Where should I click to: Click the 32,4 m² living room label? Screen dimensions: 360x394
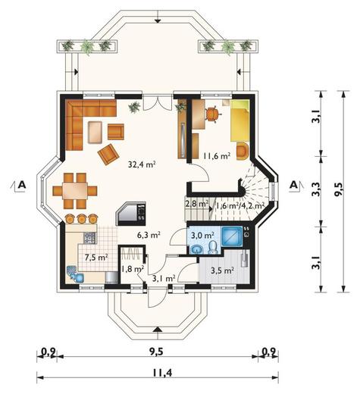[142, 164]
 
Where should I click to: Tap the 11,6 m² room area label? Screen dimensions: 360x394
[217, 156]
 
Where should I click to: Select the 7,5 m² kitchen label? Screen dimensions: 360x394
[96, 258]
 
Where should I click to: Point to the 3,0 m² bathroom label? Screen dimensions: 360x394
[202, 236]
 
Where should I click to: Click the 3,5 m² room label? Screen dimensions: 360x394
[222, 270]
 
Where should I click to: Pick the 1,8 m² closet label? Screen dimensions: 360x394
[133, 269]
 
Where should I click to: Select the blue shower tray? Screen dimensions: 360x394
[232, 236]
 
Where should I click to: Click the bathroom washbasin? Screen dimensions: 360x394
[197, 249]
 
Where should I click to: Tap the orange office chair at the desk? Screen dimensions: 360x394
[212, 114]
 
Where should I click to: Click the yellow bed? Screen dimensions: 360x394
[239, 120]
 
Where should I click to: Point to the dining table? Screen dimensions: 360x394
[75, 190]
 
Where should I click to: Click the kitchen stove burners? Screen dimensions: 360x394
[90, 238]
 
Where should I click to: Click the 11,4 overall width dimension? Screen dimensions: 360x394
[162, 372]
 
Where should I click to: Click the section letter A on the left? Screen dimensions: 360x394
[22, 185]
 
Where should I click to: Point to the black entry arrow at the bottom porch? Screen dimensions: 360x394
[158, 329]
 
